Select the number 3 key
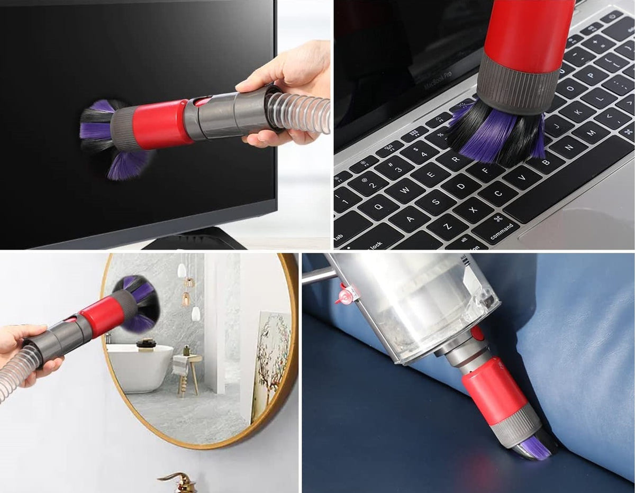click(397, 168)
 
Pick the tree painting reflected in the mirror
click(271, 360)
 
